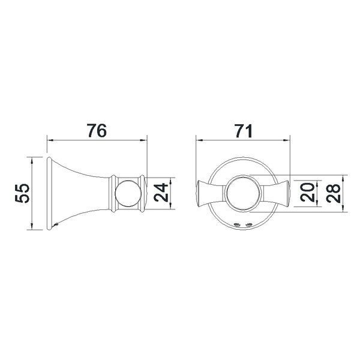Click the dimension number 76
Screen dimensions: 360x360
pos(97,130)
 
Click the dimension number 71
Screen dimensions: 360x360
pos(243,130)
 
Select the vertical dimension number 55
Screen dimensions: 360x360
pos(22,193)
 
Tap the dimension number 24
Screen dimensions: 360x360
pos(161,192)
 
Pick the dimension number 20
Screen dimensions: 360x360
pos(307,193)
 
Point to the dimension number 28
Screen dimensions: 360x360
pos(333,193)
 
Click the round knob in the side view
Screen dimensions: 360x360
pos(128,193)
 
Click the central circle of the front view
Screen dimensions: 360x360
pos(243,193)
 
